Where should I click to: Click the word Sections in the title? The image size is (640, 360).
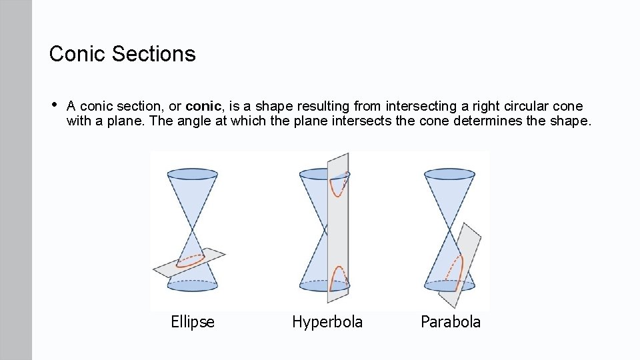(153, 54)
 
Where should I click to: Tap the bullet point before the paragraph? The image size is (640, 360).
(53, 105)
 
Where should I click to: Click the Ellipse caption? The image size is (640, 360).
(193, 323)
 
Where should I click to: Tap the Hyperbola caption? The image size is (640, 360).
(327, 323)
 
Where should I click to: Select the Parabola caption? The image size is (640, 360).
(450, 323)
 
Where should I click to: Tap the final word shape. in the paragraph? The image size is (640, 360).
(572, 121)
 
